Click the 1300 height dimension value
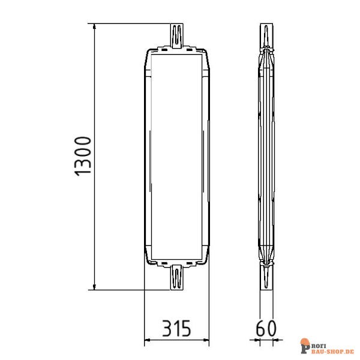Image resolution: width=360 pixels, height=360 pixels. (83, 156)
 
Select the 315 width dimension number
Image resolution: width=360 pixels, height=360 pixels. (176, 328)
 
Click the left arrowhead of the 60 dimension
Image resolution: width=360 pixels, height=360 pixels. (256, 343)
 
